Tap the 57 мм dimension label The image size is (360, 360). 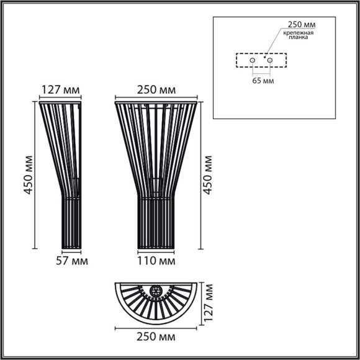pos(71,261)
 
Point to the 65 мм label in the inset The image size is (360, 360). pos(261,81)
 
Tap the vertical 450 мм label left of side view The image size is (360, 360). pos(28,174)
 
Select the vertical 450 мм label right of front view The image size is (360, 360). pos(208,174)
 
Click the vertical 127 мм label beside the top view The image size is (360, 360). pos(209,304)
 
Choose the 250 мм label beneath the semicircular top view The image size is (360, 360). pos(156,336)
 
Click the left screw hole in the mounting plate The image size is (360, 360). pos(252,61)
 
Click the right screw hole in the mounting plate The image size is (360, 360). pos(270,61)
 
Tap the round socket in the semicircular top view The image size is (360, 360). pos(156,290)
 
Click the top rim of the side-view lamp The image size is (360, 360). pos(60,103)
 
